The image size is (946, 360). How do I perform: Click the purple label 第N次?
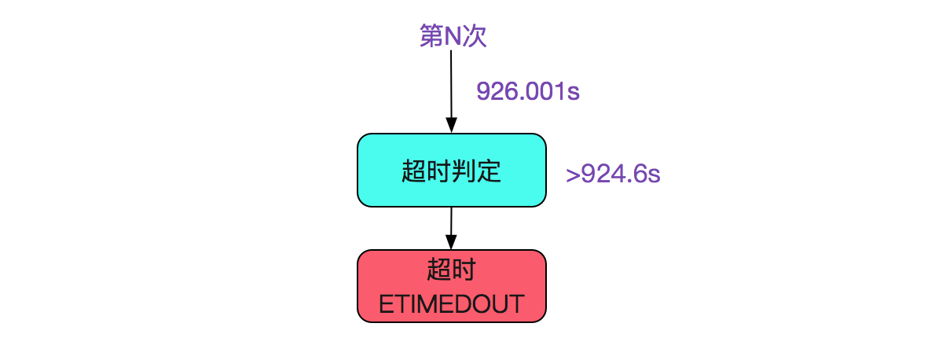point(453,35)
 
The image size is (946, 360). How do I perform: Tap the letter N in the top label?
point(453,36)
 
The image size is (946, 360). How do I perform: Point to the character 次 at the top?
point(475,35)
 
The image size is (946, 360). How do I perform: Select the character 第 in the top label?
point(431,35)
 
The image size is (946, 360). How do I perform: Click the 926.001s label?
point(528,91)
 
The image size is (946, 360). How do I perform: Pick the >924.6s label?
point(613,174)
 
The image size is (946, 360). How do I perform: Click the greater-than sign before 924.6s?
point(573,175)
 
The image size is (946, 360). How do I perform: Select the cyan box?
point(452,171)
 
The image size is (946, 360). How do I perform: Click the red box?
point(452,286)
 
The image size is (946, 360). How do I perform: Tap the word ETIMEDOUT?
point(452,304)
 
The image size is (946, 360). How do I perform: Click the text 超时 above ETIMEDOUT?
point(452,269)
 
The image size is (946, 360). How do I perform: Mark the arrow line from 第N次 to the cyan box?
point(451,91)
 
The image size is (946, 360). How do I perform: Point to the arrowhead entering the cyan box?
point(452,125)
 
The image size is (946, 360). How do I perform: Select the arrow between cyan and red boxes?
point(451,228)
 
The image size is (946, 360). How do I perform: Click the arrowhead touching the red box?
point(451,242)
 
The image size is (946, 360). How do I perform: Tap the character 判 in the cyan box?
point(464,171)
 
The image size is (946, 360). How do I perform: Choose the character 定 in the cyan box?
point(489,171)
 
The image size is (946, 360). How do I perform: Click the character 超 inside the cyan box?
point(414,171)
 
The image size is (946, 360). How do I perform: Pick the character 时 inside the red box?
point(464,269)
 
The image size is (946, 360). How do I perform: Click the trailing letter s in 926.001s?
point(574,94)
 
